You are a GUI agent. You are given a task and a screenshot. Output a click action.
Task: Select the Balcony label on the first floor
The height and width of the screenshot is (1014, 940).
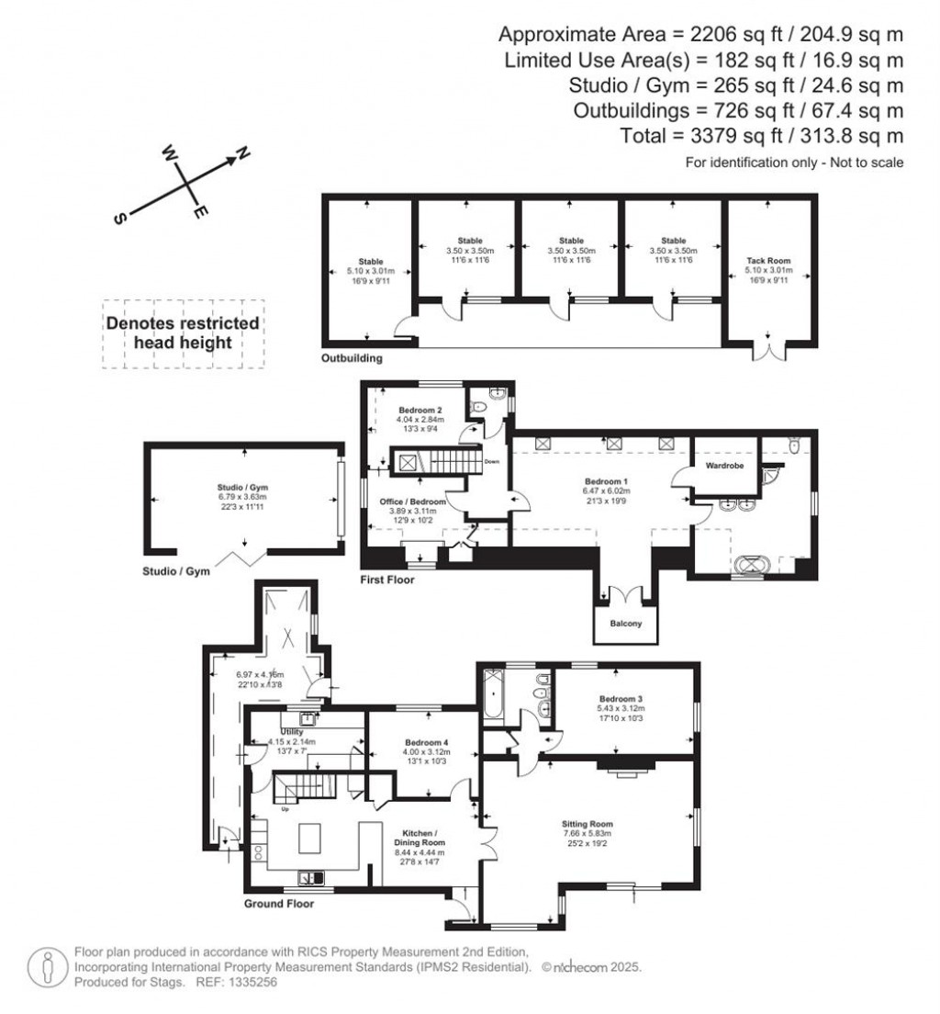pyautogui.click(x=624, y=625)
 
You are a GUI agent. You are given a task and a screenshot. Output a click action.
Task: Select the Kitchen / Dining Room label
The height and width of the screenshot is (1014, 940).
pyautogui.click(x=419, y=836)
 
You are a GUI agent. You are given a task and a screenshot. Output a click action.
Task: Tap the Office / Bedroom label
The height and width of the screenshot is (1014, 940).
pyautogui.click(x=412, y=502)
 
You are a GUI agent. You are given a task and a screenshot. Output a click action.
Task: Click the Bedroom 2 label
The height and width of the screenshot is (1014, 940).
pyautogui.click(x=421, y=410)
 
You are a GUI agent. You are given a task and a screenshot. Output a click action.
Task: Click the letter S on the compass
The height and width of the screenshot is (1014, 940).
pyautogui.click(x=119, y=218)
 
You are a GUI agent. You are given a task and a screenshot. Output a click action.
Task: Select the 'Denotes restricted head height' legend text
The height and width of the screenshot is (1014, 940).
pyautogui.click(x=183, y=332)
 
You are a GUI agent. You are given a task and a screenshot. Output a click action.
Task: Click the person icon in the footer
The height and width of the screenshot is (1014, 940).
pyautogui.click(x=47, y=966)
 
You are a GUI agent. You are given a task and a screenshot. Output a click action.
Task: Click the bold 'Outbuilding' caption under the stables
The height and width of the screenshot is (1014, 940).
pyautogui.click(x=352, y=358)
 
